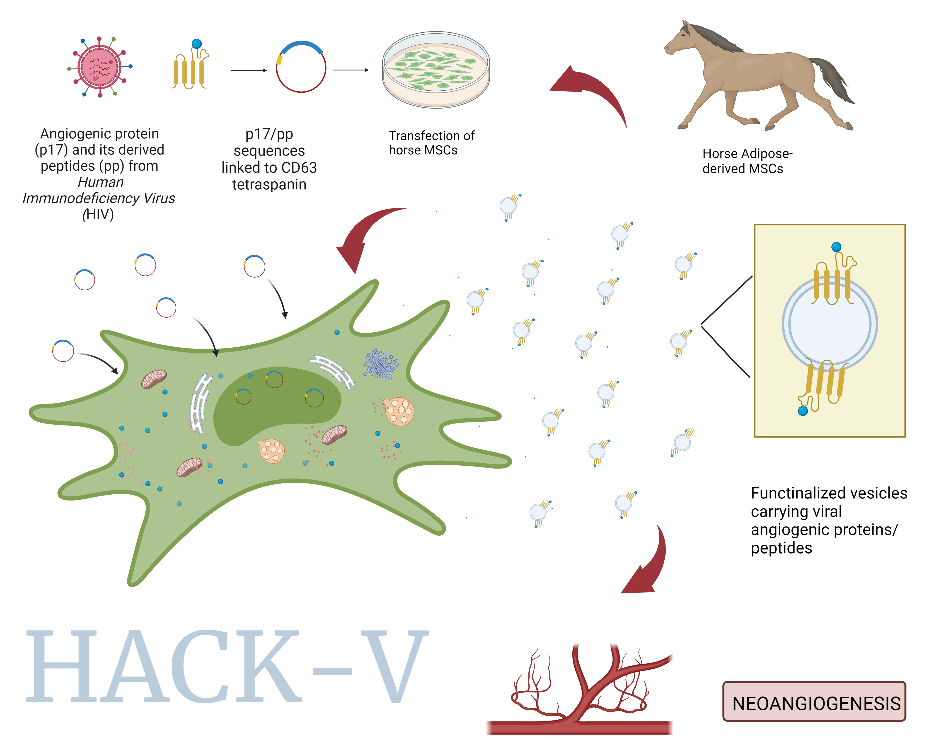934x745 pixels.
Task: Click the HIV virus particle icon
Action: pos(100,67)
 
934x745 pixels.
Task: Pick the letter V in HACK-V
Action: pos(394,665)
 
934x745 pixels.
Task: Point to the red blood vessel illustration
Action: pos(581,693)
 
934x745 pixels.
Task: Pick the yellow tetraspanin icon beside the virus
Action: pos(190,67)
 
